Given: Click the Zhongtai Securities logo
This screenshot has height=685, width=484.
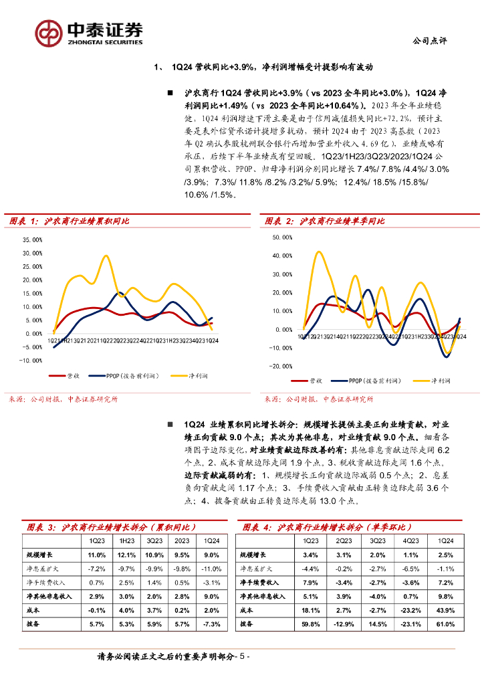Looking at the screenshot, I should (x=89, y=31).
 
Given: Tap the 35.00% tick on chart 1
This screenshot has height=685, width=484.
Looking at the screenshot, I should (x=32, y=239).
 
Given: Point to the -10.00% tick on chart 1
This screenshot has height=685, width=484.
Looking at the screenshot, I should (x=31, y=361).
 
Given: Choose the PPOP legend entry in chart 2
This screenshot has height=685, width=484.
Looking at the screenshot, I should (x=364, y=380).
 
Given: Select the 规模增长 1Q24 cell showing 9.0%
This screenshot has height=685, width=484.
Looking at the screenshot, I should (x=211, y=555).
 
